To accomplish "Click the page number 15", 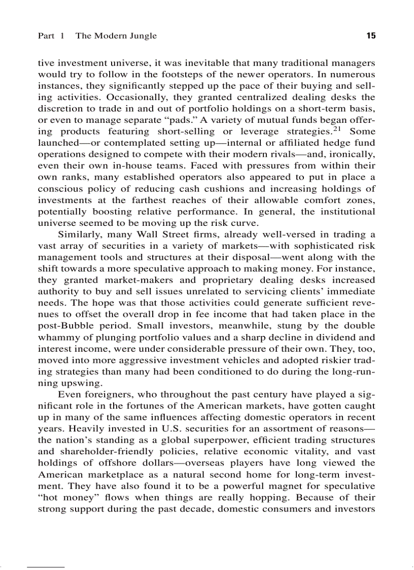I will point(370,36).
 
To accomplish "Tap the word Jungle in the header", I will point(144,36).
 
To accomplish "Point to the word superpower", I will point(226,440).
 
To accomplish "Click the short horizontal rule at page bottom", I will point(46,565).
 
